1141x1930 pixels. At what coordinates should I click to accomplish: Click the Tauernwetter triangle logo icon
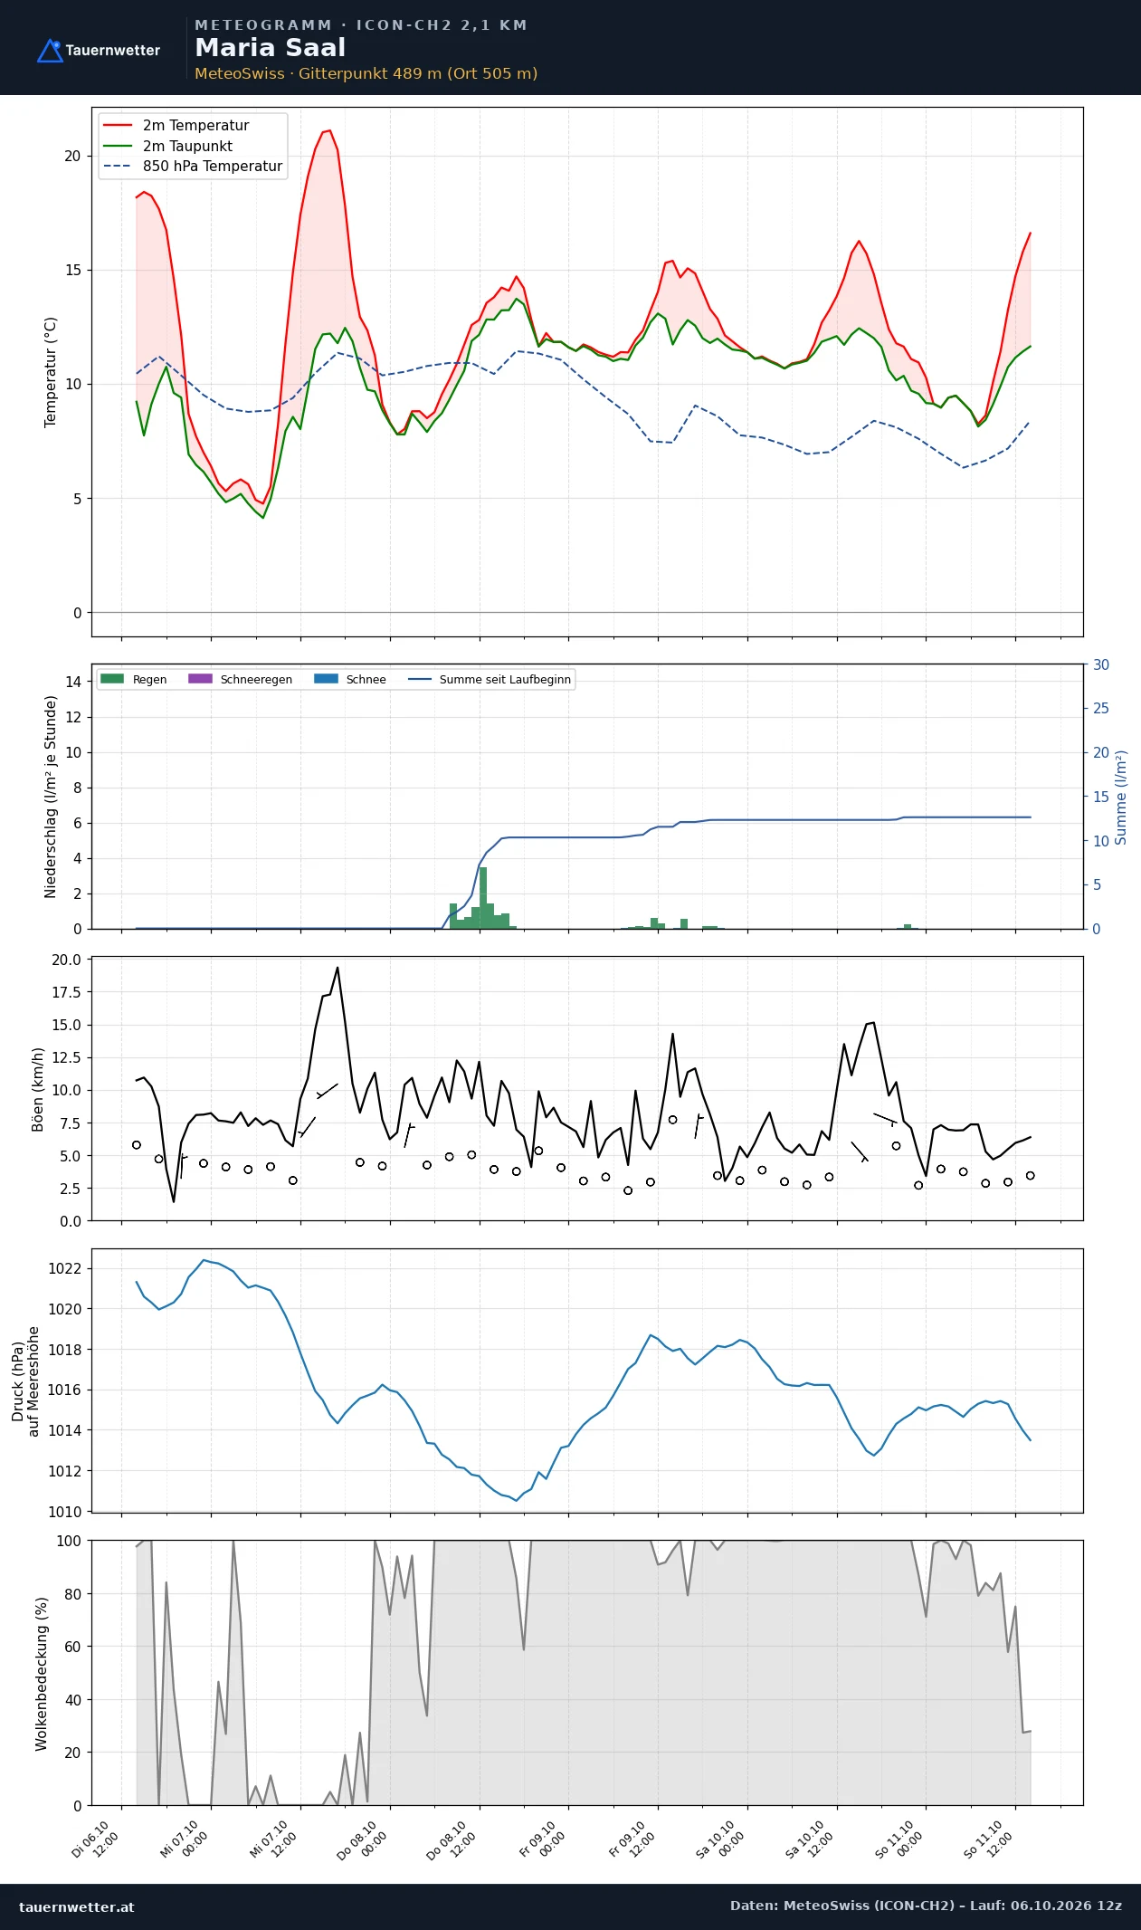pos(50,51)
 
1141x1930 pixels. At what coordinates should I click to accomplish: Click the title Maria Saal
pos(270,48)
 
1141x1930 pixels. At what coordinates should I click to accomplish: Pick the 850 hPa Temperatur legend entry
pos(193,167)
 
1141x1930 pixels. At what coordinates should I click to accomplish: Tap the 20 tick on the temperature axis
pos(72,156)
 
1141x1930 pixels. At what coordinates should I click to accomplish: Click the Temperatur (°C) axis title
pos(51,372)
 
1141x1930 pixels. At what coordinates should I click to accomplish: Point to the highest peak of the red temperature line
pos(329,130)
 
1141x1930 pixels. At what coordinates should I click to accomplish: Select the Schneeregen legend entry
pos(240,679)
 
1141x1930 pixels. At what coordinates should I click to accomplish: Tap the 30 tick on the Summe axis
pos(1101,664)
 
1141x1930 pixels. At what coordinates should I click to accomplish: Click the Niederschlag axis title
pos(51,797)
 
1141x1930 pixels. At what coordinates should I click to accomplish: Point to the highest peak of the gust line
pos(338,968)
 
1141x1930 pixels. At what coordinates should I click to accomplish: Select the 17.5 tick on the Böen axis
pos(66,992)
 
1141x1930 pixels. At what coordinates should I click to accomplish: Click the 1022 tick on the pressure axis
pos(64,1268)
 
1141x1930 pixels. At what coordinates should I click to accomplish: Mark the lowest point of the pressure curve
pos(517,1500)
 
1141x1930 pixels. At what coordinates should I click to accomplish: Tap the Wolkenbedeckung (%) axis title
pos(42,1673)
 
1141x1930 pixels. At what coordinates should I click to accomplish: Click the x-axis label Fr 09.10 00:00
pos(544,1838)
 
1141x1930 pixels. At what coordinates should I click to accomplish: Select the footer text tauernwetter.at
pos(76,1906)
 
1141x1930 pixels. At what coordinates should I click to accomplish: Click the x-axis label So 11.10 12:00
pos(989,1838)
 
